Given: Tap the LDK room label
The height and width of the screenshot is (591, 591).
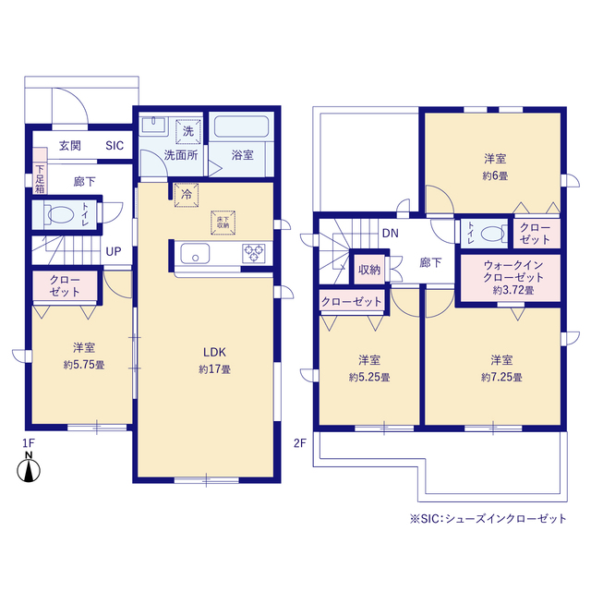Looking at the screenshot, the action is click(x=214, y=352).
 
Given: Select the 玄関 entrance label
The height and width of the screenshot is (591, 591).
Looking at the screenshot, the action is click(x=70, y=146).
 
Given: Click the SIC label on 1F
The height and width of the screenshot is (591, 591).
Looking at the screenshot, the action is click(x=115, y=146).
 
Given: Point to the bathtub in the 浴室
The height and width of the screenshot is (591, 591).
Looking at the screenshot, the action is click(x=241, y=127).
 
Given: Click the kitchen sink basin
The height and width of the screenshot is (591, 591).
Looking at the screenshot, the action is click(x=195, y=253).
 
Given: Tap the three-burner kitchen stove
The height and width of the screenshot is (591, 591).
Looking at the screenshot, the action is click(x=254, y=253).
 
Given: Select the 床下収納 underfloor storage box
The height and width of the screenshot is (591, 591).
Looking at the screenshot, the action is click(x=223, y=223).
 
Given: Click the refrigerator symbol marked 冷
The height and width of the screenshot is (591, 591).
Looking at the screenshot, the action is click(x=187, y=195).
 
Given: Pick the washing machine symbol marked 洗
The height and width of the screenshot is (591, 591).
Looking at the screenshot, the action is click(x=188, y=131).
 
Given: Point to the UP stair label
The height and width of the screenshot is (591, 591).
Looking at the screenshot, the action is click(x=114, y=251).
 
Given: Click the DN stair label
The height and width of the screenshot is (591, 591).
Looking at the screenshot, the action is click(x=390, y=234).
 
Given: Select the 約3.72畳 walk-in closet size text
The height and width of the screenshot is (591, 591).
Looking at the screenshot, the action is click(x=513, y=290).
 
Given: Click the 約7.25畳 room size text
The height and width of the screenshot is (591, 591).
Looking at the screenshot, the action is click(x=501, y=377).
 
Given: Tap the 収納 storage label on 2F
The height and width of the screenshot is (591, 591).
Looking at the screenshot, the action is click(x=369, y=270).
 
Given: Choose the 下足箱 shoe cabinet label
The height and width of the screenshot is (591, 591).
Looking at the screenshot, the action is click(x=40, y=179).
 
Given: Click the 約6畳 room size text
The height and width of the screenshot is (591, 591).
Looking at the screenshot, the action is click(x=495, y=175).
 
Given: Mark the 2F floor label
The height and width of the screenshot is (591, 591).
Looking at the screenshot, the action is click(x=299, y=443).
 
